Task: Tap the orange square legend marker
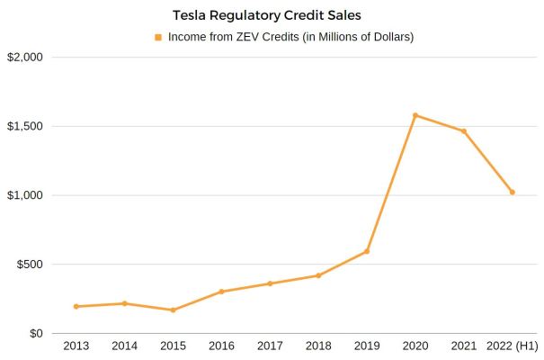pyautogui.click(x=159, y=38)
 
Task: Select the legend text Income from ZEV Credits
pyautogui.click(x=290, y=38)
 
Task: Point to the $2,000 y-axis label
pyautogui.click(x=25, y=58)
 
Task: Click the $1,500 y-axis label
pyautogui.click(x=25, y=126)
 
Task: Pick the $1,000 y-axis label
pyautogui.click(x=25, y=195)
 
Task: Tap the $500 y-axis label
pyautogui.click(x=31, y=265)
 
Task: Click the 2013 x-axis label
pyautogui.click(x=76, y=346)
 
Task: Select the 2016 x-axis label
pyautogui.click(x=221, y=346)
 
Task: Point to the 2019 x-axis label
pyautogui.click(x=367, y=346)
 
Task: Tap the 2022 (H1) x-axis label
pyautogui.click(x=512, y=346)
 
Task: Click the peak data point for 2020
pyautogui.click(x=415, y=115)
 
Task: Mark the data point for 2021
pyautogui.click(x=464, y=131)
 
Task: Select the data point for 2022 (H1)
pyautogui.click(x=513, y=193)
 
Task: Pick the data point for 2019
pyautogui.click(x=367, y=251)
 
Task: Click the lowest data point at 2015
pyautogui.click(x=173, y=310)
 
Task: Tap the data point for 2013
pyautogui.click(x=76, y=307)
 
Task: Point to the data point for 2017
pyautogui.click(x=270, y=283)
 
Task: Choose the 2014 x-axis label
pyautogui.click(x=124, y=346)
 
